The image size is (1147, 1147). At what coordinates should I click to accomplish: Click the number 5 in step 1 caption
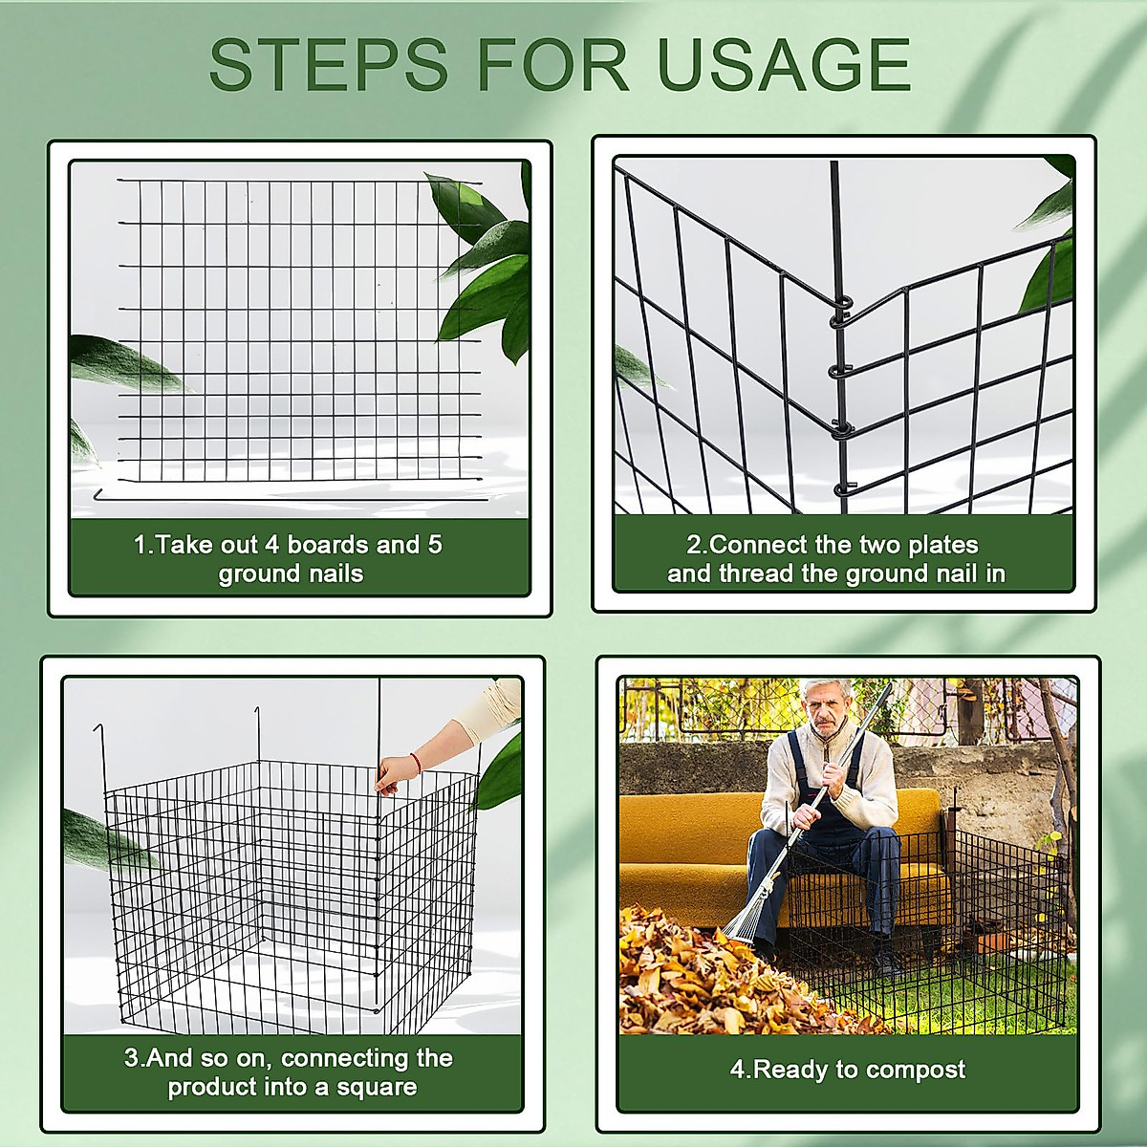pyautogui.click(x=435, y=545)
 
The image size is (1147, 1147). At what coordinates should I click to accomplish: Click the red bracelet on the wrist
pyautogui.click(x=414, y=761)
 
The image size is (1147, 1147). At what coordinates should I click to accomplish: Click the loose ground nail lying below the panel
pyautogui.click(x=287, y=496)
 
